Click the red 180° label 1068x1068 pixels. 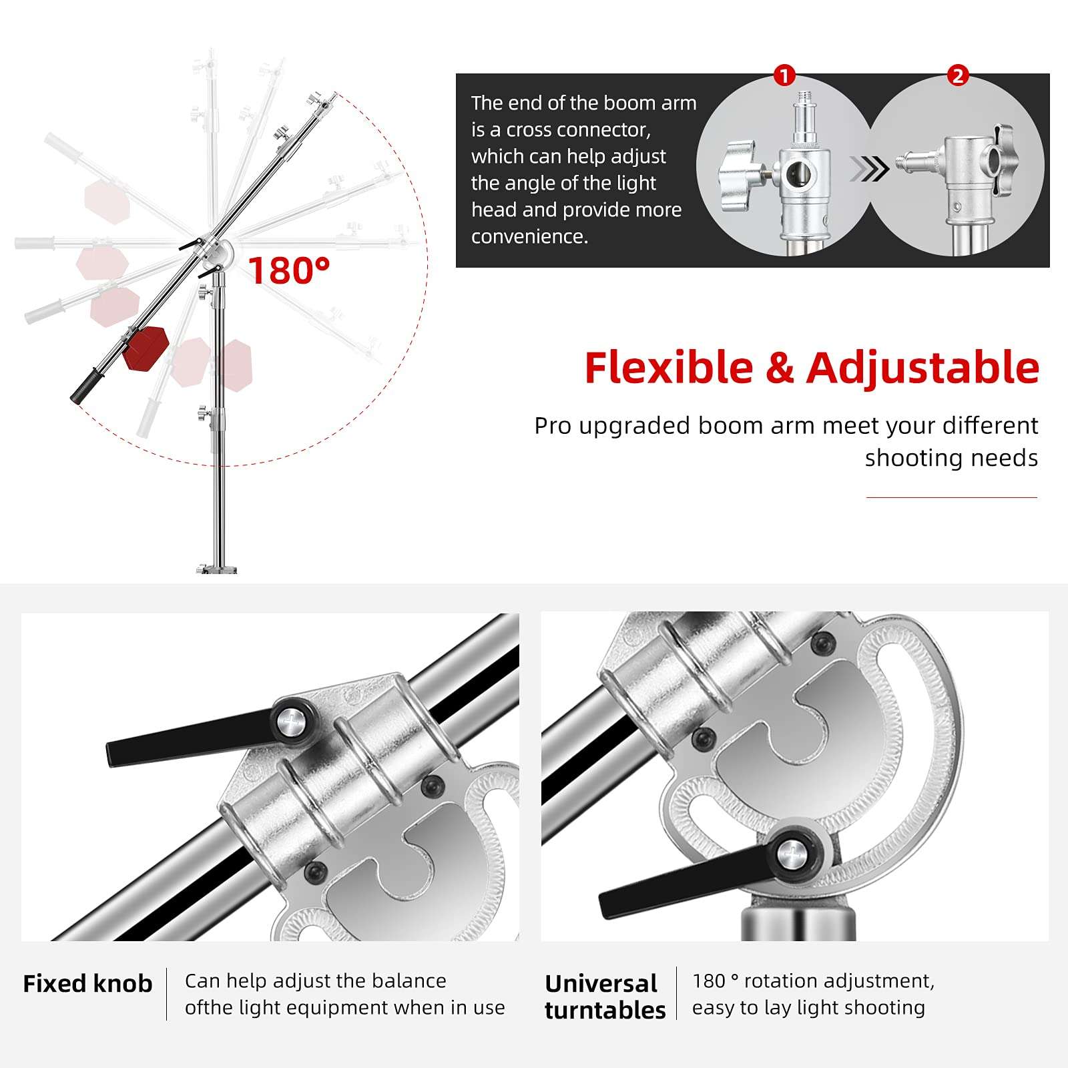[x=288, y=270]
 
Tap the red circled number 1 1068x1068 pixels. [x=784, y=75]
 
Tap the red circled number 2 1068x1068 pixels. [x=958, y=75]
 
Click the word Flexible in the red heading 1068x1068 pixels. [x=668, y=368]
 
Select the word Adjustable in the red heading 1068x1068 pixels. [x=922, y=368]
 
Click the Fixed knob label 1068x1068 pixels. [x=87, y=984]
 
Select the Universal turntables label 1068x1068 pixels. [x=605, y=997]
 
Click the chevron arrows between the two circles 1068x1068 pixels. [x=869, y=170]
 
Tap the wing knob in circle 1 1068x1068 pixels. [x=740, y=176]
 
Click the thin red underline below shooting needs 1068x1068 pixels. [x=951, y=497]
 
